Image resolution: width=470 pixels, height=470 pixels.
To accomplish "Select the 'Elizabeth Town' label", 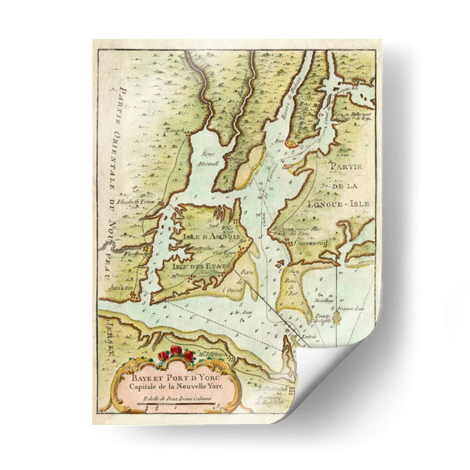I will coord(135,202).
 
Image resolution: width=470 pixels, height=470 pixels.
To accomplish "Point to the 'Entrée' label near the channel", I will coord(308,336).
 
